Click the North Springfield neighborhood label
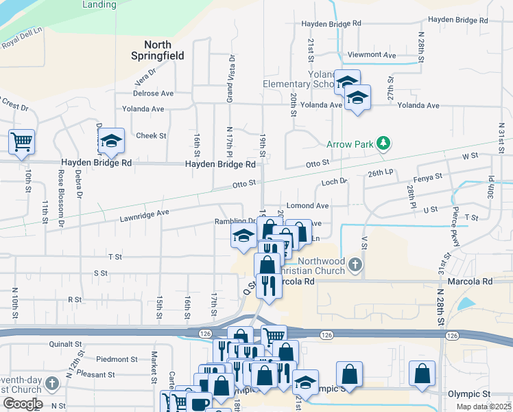click(158, 50)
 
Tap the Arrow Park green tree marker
click(384, 143)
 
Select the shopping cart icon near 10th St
click(21, 142)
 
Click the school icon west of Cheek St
click(110, 141)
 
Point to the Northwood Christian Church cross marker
click(354, 264)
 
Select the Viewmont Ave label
click(372, 55)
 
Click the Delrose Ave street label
click(154, 93)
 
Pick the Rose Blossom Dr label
click(61, 199)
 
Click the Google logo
click(22, 404)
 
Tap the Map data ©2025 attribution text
click(484, 407)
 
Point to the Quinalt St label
click(65, 344)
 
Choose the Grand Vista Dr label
click(230, 78)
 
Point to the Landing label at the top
click(99, 4)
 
